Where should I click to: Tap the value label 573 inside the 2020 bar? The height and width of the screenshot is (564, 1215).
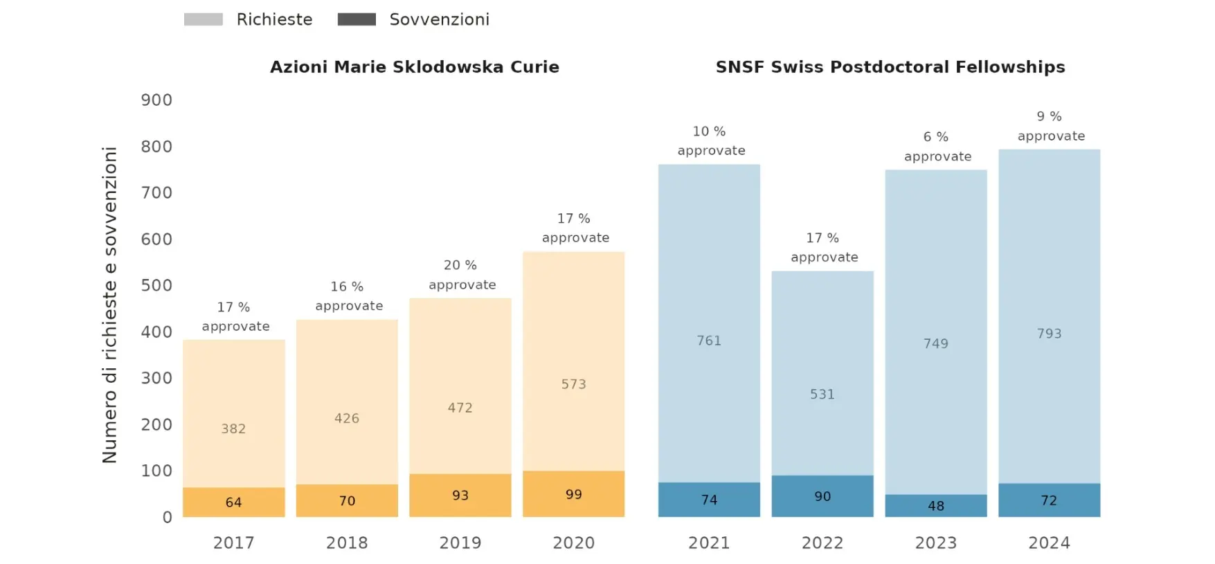pos(573,384)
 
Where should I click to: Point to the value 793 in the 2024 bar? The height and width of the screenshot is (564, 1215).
pos(1049,334)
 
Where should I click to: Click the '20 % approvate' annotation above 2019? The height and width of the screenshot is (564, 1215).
pos(462,275)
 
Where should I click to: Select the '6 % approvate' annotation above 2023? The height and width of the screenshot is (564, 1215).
pos(937,147)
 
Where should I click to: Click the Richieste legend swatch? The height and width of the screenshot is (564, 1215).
pos(203,19)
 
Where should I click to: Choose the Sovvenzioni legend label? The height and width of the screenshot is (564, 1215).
pos(439,19)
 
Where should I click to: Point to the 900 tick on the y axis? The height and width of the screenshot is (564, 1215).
pos(156,100)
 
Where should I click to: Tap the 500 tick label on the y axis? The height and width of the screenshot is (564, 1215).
pos(156,285)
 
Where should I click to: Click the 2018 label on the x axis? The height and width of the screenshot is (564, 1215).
pos(347,543)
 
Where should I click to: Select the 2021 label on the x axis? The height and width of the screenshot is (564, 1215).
pos(709,543)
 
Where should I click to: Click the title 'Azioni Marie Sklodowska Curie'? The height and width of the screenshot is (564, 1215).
pos(414,67)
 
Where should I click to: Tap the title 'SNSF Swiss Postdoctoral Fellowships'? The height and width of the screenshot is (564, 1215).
pos(890,67)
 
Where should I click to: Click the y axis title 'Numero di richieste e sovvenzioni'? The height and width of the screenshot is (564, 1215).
pos(109,304)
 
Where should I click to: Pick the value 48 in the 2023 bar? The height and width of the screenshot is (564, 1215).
pos(936,506)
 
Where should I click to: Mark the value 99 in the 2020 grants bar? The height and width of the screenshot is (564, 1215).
pos(573,495)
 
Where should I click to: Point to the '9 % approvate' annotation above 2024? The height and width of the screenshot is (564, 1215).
pos(1050,126)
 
